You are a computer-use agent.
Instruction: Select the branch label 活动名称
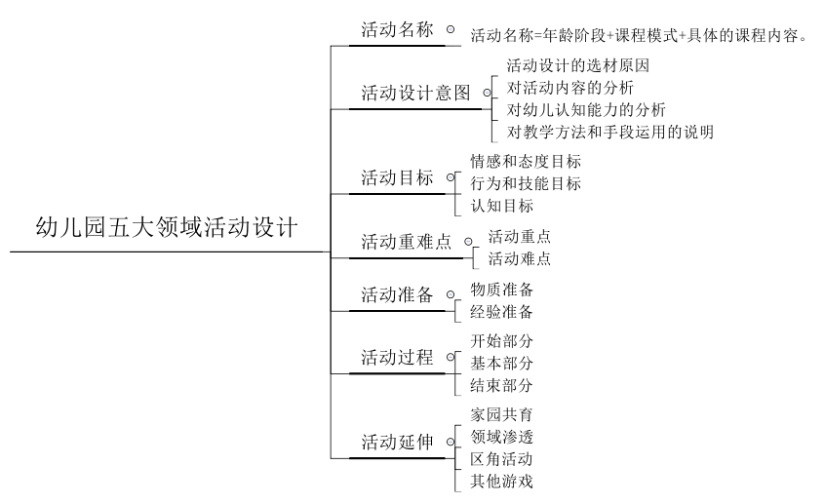397,30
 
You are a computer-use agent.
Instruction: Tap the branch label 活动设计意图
415,94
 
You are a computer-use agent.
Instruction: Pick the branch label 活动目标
397,178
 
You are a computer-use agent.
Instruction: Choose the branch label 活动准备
397,295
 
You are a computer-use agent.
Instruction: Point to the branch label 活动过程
397,358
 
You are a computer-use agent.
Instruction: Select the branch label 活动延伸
397,442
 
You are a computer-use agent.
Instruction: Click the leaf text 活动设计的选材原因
578,66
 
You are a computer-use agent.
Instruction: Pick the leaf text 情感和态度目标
526,161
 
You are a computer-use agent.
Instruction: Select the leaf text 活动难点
519,258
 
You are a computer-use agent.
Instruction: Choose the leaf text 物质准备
501,290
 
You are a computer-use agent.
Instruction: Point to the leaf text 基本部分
501,363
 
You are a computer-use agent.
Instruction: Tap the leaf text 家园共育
501,413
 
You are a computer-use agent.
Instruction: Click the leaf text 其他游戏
501,481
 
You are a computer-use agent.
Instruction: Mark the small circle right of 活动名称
450,29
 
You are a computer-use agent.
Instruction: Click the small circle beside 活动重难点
468,240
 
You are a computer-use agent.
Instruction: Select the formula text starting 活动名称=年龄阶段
640,36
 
